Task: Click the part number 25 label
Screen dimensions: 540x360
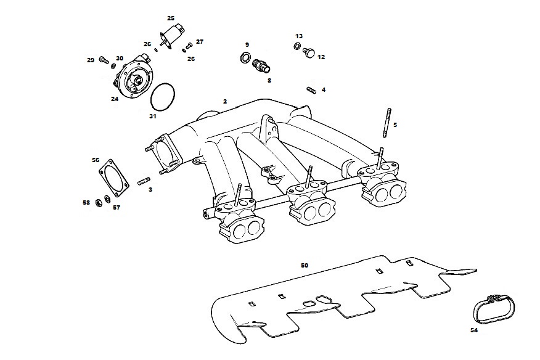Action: (171, 18)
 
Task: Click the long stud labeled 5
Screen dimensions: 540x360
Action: (387, 123)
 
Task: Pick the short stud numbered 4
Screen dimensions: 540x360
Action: (311, 90)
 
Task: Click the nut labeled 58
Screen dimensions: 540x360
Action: (98, 202)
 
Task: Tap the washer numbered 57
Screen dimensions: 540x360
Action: (107, 198)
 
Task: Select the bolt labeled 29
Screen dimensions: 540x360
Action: (104, 60)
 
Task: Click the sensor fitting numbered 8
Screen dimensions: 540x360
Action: (261, 66)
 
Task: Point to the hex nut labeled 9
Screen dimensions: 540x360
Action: (244, 57)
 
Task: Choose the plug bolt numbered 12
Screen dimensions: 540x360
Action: (309, 53)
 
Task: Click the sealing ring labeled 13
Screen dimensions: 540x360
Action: (298, 46)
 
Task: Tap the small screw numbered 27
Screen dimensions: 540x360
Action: (189, 46)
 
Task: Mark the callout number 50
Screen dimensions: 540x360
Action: (305, 266)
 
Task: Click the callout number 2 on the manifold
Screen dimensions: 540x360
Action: (225, 102)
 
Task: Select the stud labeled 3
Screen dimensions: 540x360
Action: (144, 181)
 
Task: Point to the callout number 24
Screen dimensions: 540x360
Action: (115, 99)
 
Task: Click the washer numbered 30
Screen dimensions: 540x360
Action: (113, 65)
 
